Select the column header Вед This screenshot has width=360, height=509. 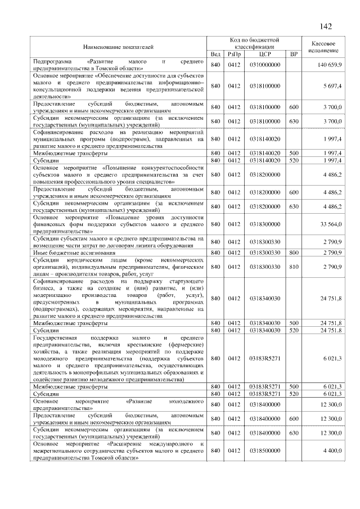pyautogui.click(x=215, y=54)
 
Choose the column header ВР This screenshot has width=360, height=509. pyautogui.click(x=293, y=54)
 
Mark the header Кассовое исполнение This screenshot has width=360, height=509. pyautogui.click(x=324, y=47)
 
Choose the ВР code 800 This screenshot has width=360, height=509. pyautogui.click(x=293, y=253)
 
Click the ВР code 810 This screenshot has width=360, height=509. pyautogui.click(x=293, y=267)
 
